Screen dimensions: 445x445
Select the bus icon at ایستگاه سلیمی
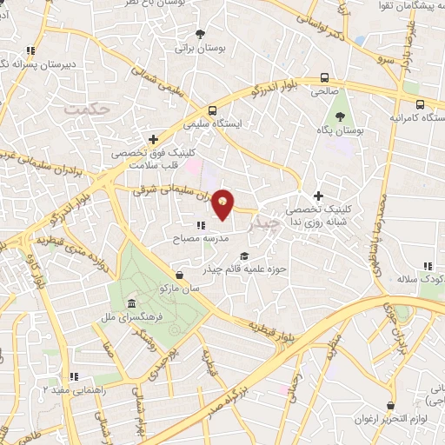click(214, 110)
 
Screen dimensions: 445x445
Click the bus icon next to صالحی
click(325, 76)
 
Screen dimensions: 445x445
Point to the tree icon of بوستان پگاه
click(340, 116)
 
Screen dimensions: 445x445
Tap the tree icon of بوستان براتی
click(201, 35)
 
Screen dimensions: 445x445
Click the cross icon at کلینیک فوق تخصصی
click(154, 138)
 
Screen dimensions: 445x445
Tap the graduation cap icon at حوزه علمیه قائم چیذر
click(244, 255)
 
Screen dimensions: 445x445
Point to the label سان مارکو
click(179, 286)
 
